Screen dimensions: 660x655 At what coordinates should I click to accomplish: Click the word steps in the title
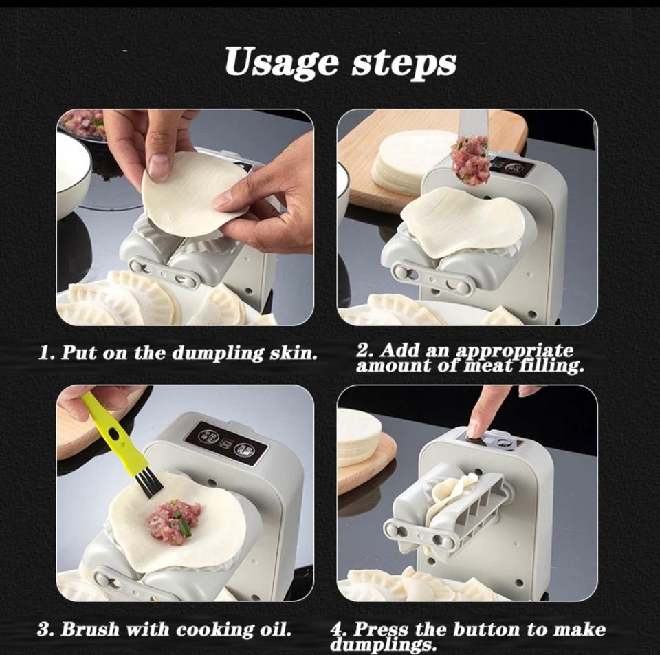tap(404, 63)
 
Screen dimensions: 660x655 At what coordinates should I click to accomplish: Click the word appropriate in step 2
tap(515, 352)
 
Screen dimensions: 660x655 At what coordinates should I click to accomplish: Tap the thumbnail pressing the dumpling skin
tap(159, 164)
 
